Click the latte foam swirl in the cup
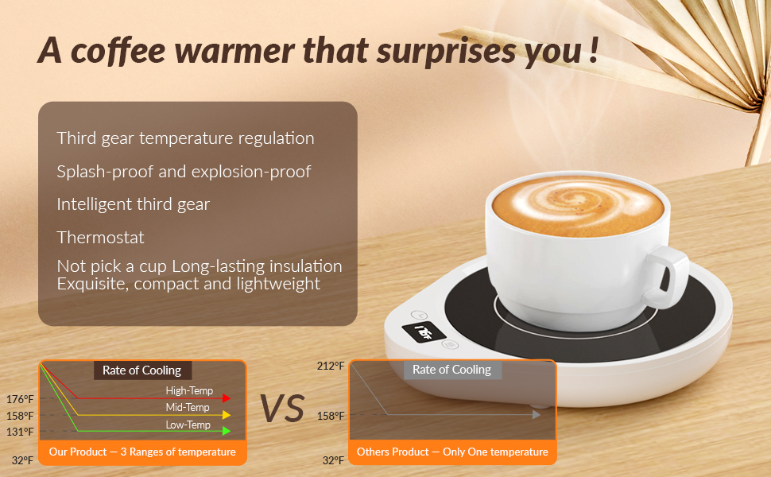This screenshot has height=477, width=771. click(578, 206)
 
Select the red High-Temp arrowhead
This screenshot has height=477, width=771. click(227, 397)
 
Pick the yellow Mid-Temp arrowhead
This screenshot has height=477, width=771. click(227, 414)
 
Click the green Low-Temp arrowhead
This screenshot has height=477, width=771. click(227, 431)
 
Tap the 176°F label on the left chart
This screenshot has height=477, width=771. click(19, 399)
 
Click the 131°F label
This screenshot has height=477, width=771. click(19, 432)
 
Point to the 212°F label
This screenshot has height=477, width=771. click(330, 366)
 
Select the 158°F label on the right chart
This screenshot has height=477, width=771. click(330, 415)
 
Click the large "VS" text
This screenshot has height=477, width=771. click(282, 409)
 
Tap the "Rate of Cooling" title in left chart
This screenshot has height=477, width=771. click(141, 370)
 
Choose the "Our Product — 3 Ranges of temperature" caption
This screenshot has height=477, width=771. click(142, 452)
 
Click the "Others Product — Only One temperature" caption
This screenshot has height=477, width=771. click(452, 452)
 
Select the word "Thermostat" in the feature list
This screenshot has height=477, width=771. click(100, 237)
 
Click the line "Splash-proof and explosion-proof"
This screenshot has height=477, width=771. click(184, 171)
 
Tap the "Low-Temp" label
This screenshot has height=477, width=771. click(188, 425)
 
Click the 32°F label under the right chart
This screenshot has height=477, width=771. click(332, 460)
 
